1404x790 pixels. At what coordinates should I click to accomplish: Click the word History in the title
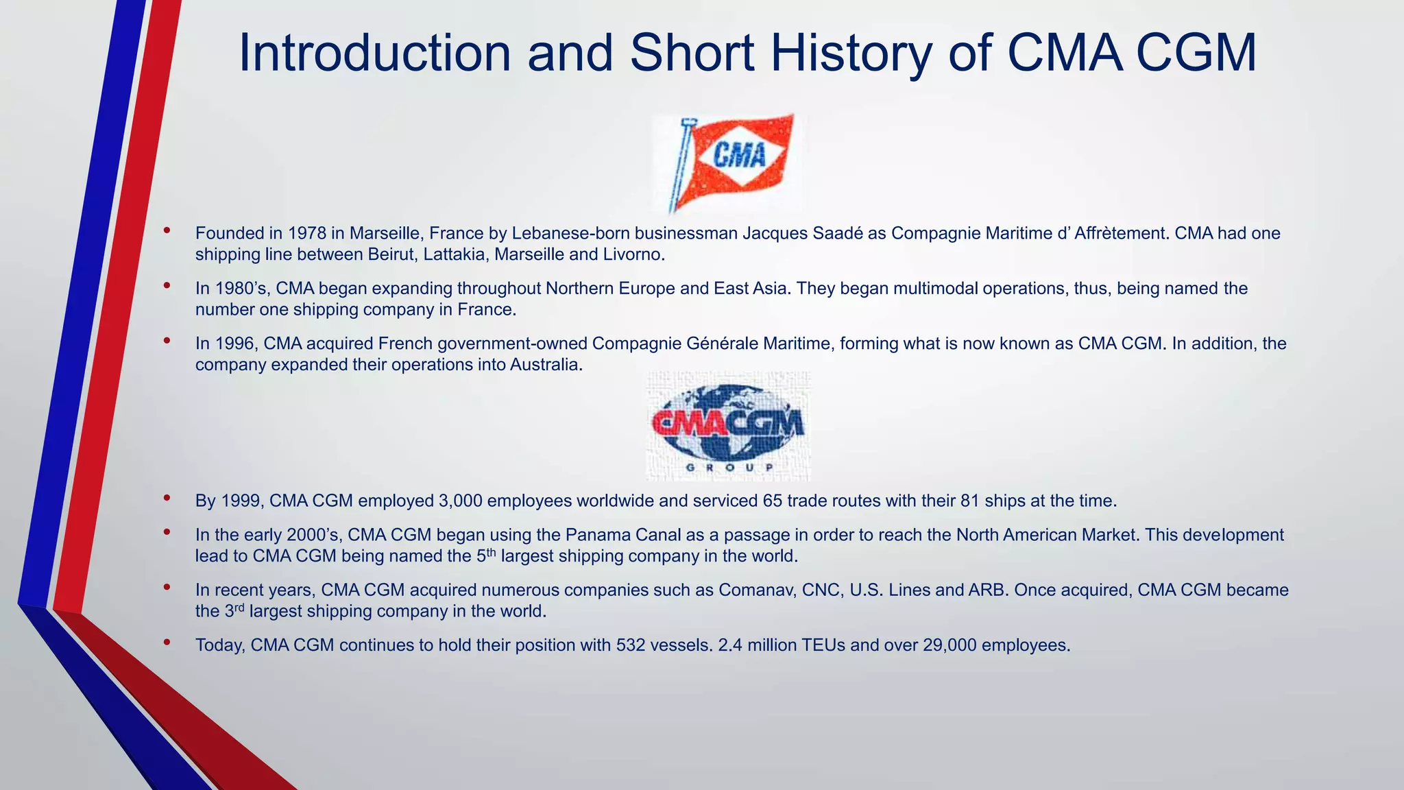pyautogui.click(x=850, y=53)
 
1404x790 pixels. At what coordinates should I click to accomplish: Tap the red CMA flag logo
pyautogui.click(x=731, y=162)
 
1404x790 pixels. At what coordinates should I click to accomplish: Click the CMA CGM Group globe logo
pyautogui.click(x=728, y=425)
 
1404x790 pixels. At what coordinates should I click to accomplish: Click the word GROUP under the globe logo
pyautogui.click(x=728, y=468)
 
